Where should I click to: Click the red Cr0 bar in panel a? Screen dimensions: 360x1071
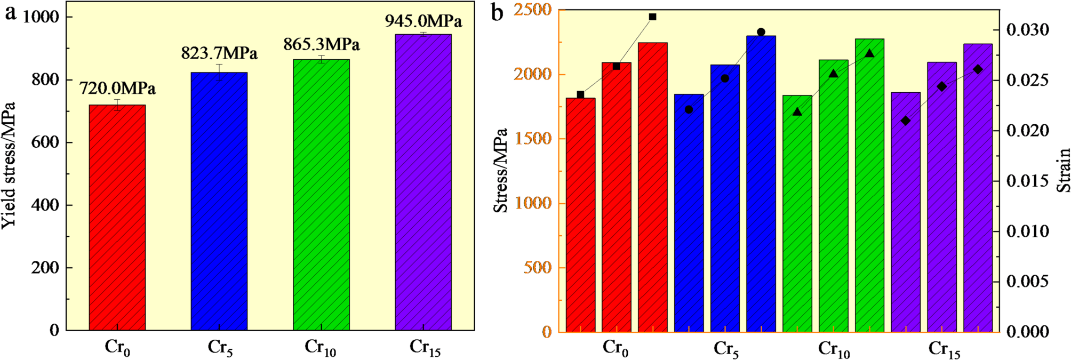point(117,219)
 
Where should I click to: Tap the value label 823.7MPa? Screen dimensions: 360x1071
point(219,53)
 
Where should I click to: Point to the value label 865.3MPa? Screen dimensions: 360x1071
point(321,44)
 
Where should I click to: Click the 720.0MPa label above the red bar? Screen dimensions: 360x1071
point(117,88)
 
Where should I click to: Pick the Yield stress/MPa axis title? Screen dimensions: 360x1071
point(9,165)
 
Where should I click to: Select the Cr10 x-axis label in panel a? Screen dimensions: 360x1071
point(320,348)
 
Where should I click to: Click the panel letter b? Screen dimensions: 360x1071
point(497,13)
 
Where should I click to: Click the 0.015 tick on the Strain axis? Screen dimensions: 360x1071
point(1027,181)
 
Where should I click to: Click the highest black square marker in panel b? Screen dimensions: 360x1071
point(652,17)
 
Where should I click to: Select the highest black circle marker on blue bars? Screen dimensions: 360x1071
point(761,32)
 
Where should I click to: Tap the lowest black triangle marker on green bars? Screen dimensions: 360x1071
point(797,112)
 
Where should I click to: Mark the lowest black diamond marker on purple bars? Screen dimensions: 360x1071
point(906,121)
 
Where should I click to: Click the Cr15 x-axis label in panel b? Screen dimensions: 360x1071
point(944,349)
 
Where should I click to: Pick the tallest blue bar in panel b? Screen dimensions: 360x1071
point(761,187)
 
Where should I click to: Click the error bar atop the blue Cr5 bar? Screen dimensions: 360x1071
point(219,72)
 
